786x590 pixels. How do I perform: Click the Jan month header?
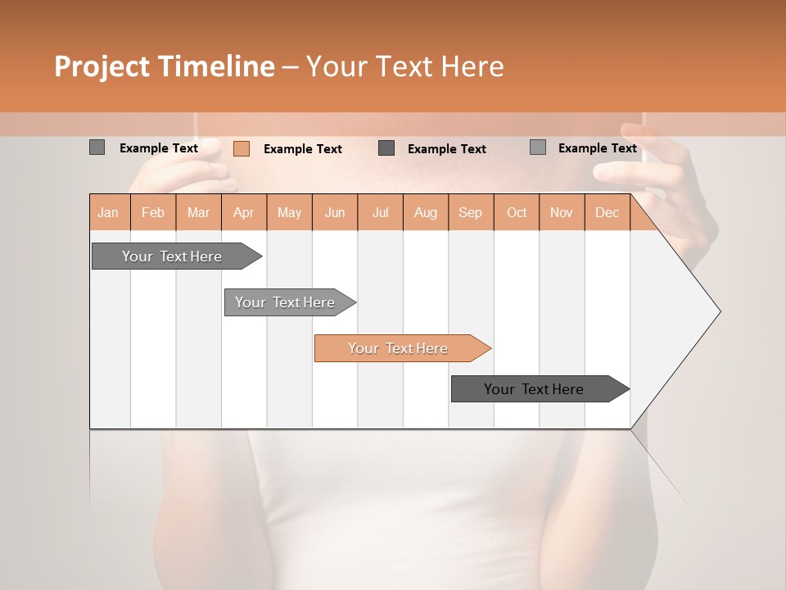(x=109, y=212)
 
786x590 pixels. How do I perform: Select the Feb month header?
(x=153, y=212)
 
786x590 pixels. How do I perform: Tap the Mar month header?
(x=198, y=212)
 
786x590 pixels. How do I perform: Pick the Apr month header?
(x=244, y=212)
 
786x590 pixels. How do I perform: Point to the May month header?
(x=289, y=212)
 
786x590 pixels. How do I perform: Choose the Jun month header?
(x=335, y=212)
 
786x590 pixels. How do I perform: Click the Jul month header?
(x=380, y=212)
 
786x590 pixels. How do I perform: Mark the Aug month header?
(x=426, y=212)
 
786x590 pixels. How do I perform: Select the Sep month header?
(x=471, y=212)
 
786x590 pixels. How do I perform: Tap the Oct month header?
(x=517, y=212)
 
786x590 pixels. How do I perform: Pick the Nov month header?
(x=562, y=212)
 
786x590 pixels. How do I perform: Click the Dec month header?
(x=608, y=212)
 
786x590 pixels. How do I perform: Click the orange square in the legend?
(x=242, y=148)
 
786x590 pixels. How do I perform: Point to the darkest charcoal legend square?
(x=386, y=147)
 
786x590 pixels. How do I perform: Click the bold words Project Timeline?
(x=165, y=66)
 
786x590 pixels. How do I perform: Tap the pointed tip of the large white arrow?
(x=718, y=311)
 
